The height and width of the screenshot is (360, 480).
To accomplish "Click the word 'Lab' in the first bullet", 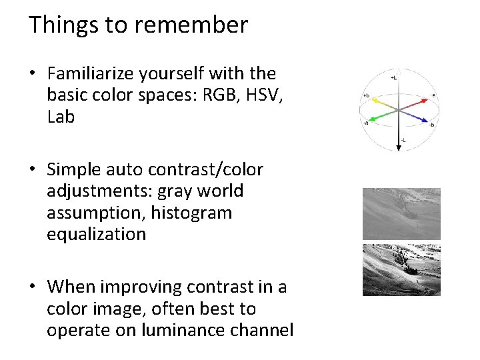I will point(61,117).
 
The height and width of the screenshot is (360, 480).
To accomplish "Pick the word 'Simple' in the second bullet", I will point(77,169).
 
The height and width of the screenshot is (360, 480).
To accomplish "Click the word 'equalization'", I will point(96,234).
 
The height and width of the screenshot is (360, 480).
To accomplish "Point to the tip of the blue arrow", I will point(427,121).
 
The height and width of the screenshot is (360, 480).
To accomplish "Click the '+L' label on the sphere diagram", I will point(395,77).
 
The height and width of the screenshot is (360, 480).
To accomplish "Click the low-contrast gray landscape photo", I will point(401,213).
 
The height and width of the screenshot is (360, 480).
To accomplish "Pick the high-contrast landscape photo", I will point(401,270).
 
